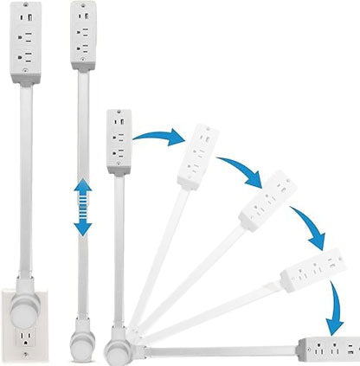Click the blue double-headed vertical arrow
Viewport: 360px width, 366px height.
pyautogui.click(x=83, y=207)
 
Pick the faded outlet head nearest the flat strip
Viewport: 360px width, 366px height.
pyautogui.click(x=308, y=273)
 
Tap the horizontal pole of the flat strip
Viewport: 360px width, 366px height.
pyautogui.click(x=216, y=348)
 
